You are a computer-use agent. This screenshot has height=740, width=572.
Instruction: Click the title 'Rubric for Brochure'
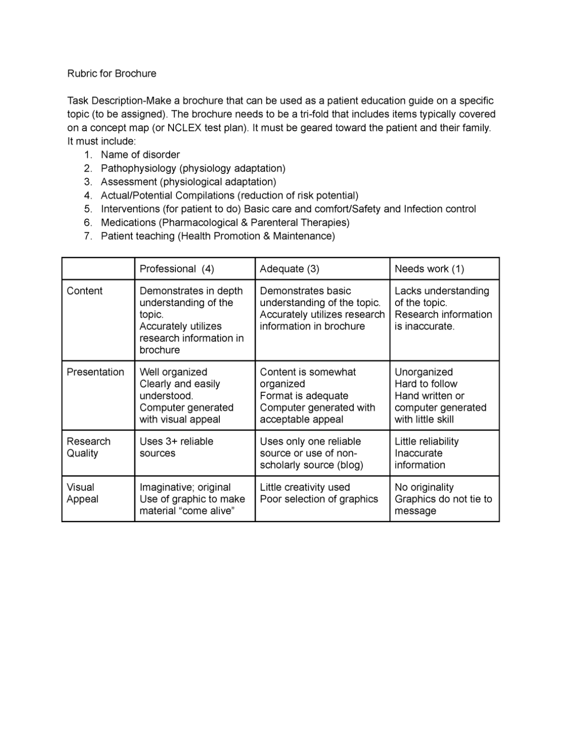click(111, 74)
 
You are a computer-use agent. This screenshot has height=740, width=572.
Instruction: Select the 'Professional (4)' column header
click(176, 269)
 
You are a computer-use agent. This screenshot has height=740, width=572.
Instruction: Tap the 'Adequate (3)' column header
click(289, 269)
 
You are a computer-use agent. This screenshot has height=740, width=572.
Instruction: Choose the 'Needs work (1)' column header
click(429, 269)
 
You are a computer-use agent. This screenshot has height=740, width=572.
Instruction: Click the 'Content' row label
click(84, 291)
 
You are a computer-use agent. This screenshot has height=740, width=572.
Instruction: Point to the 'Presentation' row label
click(95, 372)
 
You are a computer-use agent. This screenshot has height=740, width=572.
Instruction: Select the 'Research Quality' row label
click(89, 447)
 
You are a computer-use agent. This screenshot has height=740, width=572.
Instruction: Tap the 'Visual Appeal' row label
click(82, 493)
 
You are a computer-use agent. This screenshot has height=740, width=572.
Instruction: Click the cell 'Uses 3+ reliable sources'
click(176, 447)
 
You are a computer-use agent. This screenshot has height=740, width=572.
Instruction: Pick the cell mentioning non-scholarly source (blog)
click(311, 453)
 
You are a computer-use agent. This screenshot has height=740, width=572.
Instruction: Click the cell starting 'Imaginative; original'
click(192, 499)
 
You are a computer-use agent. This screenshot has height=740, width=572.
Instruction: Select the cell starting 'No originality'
click(443, 499)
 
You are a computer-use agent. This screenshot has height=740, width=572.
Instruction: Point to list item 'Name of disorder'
click(140, 155)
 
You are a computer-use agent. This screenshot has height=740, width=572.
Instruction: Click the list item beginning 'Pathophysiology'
click(193, 168)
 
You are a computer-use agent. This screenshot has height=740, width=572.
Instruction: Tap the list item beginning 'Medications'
click(225, 223)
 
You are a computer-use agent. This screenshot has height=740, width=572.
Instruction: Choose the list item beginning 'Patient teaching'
click(217, 236)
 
